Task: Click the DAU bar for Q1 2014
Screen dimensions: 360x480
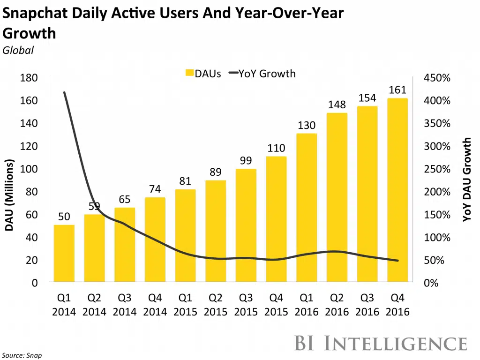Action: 64,254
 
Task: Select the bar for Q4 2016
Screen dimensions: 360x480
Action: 397,190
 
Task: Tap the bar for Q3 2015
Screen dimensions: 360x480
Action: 246,225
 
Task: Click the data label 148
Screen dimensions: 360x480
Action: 337,105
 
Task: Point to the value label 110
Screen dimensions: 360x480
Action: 276,148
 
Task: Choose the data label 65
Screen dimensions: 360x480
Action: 124,199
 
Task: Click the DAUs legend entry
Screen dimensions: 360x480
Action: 203,73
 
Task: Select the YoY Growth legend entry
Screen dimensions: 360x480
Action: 262,73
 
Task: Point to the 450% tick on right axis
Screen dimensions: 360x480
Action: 437,78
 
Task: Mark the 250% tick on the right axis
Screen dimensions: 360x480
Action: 437,169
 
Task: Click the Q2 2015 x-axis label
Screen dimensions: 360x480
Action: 216,305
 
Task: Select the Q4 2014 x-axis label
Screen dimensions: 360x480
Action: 155,305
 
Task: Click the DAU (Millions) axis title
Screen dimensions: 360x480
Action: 9,195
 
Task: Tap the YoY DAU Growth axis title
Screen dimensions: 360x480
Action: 467,180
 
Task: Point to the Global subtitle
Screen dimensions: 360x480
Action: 18,50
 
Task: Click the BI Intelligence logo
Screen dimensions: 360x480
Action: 381,343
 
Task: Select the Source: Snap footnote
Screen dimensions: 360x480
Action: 22,355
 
